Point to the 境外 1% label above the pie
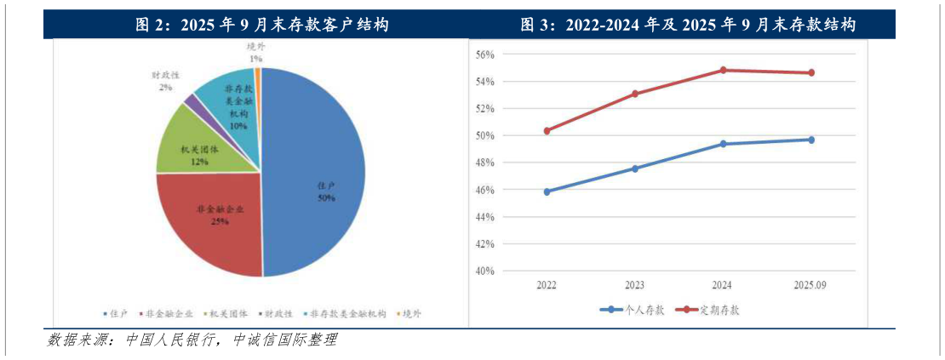point(255,53)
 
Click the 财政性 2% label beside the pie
point(164,81)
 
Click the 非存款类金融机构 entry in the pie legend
point(345,313)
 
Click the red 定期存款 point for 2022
point(547,131)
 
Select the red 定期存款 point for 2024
point(724,70)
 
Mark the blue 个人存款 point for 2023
point(635,169)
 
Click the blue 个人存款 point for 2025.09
point(811,140)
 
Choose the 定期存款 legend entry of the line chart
point(708,310)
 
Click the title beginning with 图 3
point(688,26)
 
